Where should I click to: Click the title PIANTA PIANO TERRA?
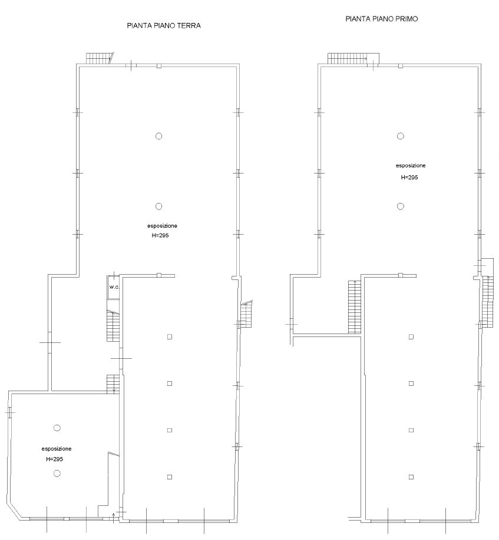point(164,25)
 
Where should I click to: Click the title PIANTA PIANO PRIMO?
point(381,19)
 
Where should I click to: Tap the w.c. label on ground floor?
point(114,287)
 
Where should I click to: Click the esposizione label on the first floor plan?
point(411,166)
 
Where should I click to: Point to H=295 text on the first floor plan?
point(409,178)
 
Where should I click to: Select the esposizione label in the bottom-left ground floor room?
point(57,449)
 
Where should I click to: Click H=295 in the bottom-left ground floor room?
point(54,459)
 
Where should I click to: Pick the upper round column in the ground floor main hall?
point(158,136)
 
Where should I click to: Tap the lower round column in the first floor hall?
point(401,206)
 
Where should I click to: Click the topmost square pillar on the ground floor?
point(170,336)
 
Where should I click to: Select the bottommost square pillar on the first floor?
point(411,477)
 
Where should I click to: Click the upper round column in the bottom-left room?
point(57,428)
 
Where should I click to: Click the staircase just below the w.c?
point(113,326)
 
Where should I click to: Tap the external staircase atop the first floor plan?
point(348,59)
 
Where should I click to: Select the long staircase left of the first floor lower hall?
point(355,307)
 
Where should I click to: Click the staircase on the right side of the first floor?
point(488,301)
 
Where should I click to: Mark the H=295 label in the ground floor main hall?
point(160,235)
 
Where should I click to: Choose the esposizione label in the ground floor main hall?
point(163,226)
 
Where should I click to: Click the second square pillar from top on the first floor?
point(411,384)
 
